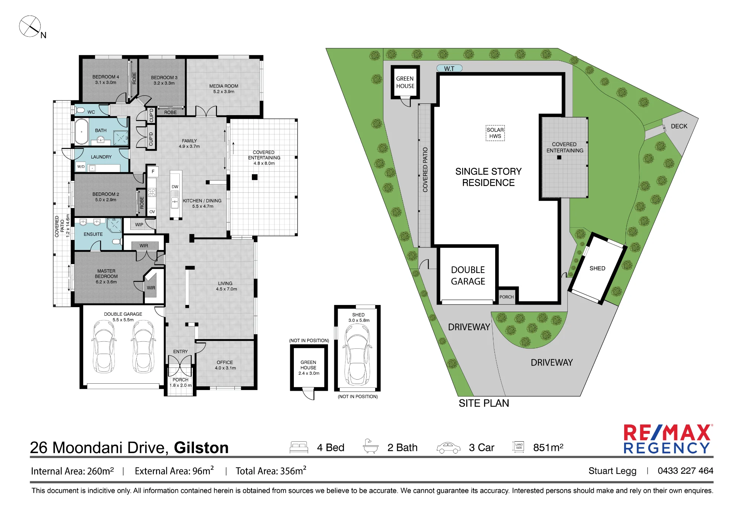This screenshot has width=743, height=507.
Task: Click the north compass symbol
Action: click(30, 26)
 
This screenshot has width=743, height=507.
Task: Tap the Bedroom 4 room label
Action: click(106, 80)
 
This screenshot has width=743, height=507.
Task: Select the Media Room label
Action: click(224, 89)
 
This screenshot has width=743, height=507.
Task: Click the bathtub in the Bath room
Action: click(82, 131)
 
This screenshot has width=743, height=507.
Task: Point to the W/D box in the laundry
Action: click(81, 167)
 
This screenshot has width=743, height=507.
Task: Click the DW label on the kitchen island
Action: click(175, 187)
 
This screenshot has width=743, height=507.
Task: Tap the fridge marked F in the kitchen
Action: click(153, 172)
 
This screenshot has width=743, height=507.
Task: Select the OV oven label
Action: click(152, 212)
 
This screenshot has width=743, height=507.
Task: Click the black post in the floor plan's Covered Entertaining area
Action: click(254, 177)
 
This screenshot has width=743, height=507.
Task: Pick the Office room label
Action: click(225, 365)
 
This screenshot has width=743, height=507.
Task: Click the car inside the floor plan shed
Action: click(357, 355)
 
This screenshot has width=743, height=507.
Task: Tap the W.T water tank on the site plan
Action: click(450, 68)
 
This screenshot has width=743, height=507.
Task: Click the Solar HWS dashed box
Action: click(495, 133)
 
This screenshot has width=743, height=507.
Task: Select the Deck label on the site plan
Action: click(679, 126)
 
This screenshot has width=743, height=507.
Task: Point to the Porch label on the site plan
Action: click(507, 297)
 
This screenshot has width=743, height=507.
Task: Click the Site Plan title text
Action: click(484, 403)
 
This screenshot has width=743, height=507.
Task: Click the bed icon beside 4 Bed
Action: click(299, 447)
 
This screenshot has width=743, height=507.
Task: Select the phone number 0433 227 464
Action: click(685, 471)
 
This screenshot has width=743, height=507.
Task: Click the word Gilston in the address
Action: click(201, 448)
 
